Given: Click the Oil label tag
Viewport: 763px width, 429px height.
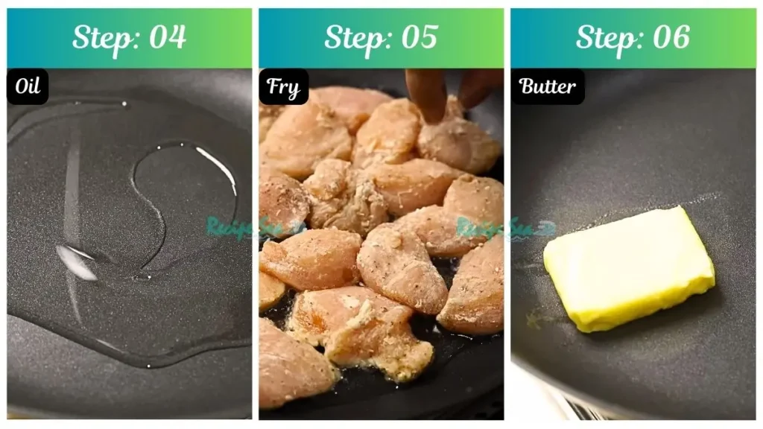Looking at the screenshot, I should click(28, 87).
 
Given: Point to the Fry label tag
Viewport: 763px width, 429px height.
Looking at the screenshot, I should click(283, 88).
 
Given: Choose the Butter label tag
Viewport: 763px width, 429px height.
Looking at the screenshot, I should click(548, 86).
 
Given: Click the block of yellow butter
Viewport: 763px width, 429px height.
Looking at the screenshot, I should click(630, 267).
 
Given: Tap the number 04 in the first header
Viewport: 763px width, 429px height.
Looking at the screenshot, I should click(168, 37).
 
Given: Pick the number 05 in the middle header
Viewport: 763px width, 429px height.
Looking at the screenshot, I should click(419, 37).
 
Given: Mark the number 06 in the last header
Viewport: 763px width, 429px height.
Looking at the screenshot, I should click(671, 37).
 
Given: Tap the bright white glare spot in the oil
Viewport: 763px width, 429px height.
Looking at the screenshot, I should click(76, 262).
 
